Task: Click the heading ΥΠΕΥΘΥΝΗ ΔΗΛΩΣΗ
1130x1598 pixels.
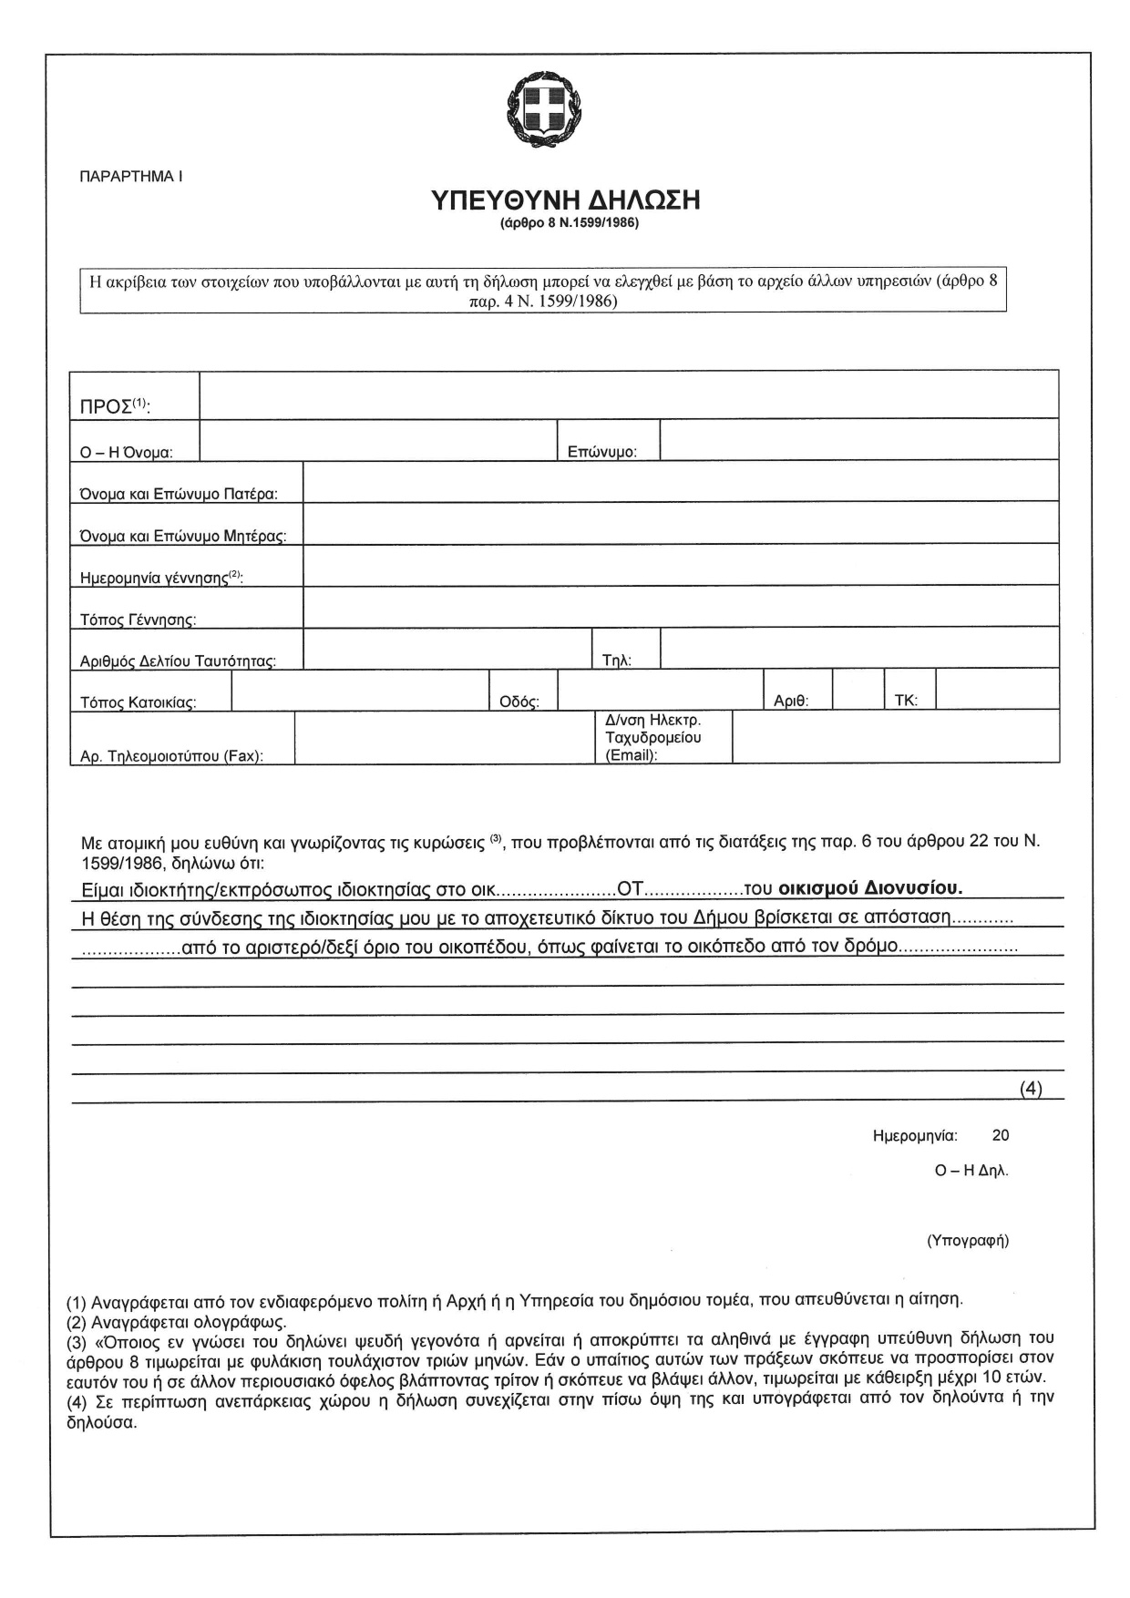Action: coord(565,200)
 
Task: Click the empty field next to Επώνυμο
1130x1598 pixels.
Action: coord(858,440)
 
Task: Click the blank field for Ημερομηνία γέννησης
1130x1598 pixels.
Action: coord(680,566)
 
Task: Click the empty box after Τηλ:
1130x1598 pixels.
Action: coord(858,649)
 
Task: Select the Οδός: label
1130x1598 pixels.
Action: coord(519,702)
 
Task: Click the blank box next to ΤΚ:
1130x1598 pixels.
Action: coord(997,691)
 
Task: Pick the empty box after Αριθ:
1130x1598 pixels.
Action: coord(858,691)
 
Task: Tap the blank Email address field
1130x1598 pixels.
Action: coord(895,737)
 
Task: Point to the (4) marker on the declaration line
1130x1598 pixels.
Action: coord(1030,1088)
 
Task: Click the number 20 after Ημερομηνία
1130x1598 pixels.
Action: coord(1001,1136)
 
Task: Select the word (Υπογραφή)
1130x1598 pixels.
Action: coord(968,1241)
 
